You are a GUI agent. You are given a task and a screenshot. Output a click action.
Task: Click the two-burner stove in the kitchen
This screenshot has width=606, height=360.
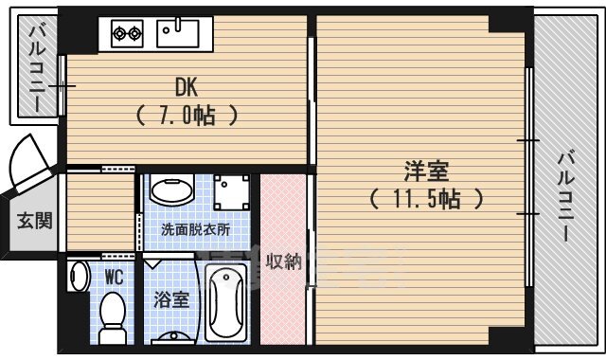[128, 34]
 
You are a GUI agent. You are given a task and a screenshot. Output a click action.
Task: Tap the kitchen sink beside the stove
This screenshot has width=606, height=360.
[177, 33]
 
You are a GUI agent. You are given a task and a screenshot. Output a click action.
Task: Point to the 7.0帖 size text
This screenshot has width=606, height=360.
[185, 116]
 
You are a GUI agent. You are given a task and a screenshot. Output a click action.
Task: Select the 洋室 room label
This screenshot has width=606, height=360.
[426, 172]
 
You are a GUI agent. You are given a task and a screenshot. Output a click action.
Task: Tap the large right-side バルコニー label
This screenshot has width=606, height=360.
[566, 193]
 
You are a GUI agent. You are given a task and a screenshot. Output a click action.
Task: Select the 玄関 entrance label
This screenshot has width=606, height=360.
[34, 221]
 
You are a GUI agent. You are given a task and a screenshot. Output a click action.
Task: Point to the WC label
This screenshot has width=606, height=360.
[114, 278]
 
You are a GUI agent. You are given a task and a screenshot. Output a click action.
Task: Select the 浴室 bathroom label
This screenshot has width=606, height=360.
[171, 301]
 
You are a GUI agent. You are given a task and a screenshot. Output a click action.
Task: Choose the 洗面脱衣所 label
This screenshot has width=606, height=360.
[195, 229]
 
